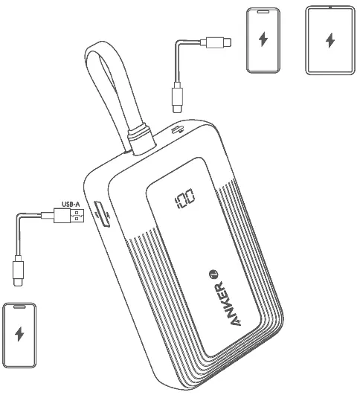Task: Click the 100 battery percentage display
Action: click(184, 199)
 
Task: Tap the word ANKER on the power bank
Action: click(224, 304)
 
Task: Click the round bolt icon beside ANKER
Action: click(213, 274)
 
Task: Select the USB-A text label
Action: click(71, 204)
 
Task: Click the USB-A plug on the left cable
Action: click(69, 216)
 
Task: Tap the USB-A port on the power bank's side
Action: click(102, 214)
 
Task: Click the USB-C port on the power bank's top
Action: click(177, 129)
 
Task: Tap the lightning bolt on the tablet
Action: click(330, 40)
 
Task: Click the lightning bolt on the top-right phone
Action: click(263, 39)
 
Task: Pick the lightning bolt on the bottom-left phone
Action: click(19, 334)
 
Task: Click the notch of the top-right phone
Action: click(263, 12)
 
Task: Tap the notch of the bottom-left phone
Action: click(19, 306)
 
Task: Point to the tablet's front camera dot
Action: click(330, 7)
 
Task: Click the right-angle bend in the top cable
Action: click(178, 42)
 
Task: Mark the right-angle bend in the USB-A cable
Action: click(19, 216)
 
